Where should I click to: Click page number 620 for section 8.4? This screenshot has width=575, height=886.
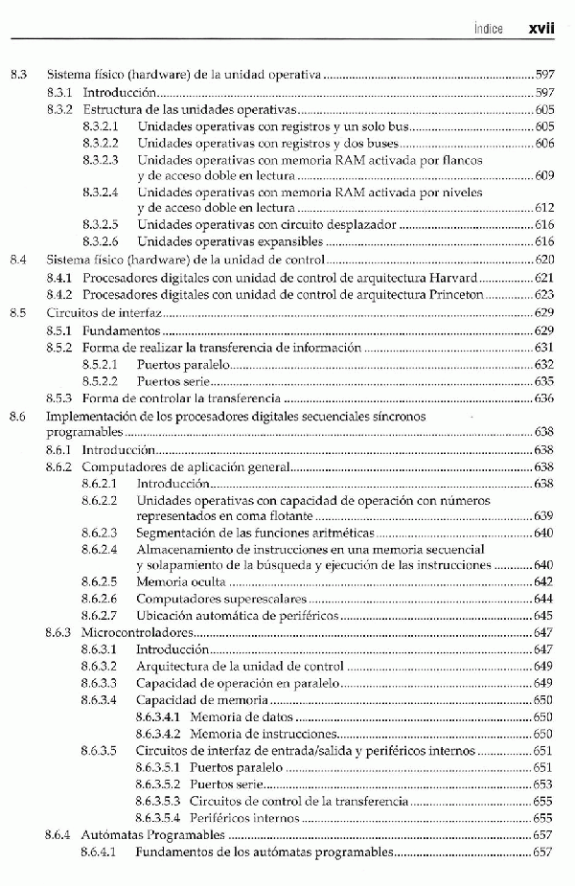click(x=544, y=260)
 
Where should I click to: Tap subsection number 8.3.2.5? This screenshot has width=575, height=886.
click(x=100, y=224)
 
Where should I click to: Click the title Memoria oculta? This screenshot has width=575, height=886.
click(x=181, y=581)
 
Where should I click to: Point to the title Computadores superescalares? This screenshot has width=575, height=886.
click(x=213, y=599)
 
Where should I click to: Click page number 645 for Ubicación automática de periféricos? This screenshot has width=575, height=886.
click(x=544, y=616)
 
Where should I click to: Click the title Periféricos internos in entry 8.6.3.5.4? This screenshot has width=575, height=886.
click(x=243, y=819)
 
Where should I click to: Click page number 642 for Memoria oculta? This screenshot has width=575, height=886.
click(x=544, y=581)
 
